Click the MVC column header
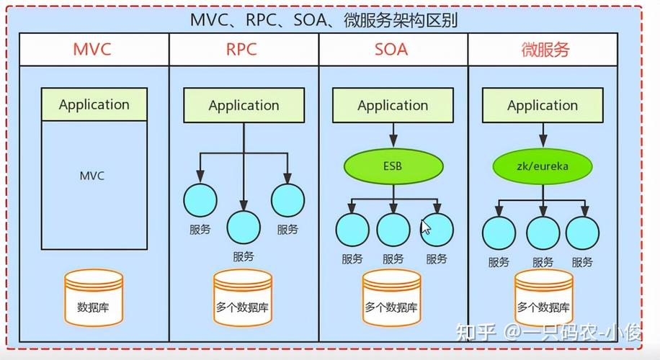click(x=94, y=50)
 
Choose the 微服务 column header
click(x=545, y=50)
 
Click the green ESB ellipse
click(x=393, y=166)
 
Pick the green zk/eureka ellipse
click(x=542, y=166)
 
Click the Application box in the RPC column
click(x=244, y=106)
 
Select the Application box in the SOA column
click(x=393, y=106)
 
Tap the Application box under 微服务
click(x=542, y=106)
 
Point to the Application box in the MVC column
click(x=94, y=104)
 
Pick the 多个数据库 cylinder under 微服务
click(x=543, y=301)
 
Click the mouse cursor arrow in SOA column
click(x=425, y=227)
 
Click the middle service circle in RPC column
click(x=244, y=227)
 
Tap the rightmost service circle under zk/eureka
click(x=582, y=233)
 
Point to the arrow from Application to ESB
click(x=393, y=135)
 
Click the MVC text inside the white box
click(x=92, y=175)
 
